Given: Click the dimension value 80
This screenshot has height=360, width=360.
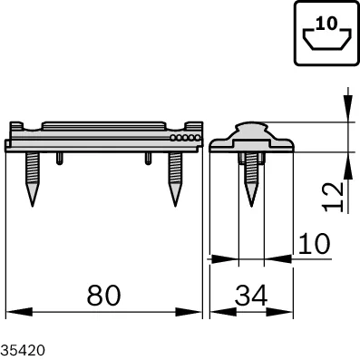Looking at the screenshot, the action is [103, 295].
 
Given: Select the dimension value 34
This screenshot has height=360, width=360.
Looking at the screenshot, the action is [251, 295].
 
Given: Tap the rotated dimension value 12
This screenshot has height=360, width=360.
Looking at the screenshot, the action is [334, 197].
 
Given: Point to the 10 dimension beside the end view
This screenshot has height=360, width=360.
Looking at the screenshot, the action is [315, 244].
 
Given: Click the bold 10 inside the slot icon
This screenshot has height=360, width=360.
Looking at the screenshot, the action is [327, 24].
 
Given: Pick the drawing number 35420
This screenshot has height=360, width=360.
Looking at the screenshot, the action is [23, 351].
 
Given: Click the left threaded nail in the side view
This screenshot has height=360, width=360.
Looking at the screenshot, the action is [33, 180].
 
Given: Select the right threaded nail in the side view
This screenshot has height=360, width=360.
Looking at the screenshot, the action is [175, 180].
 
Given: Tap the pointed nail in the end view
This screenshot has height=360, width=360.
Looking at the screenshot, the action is [251, 180].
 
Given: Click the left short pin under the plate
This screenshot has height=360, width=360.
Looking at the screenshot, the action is [60, 159].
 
